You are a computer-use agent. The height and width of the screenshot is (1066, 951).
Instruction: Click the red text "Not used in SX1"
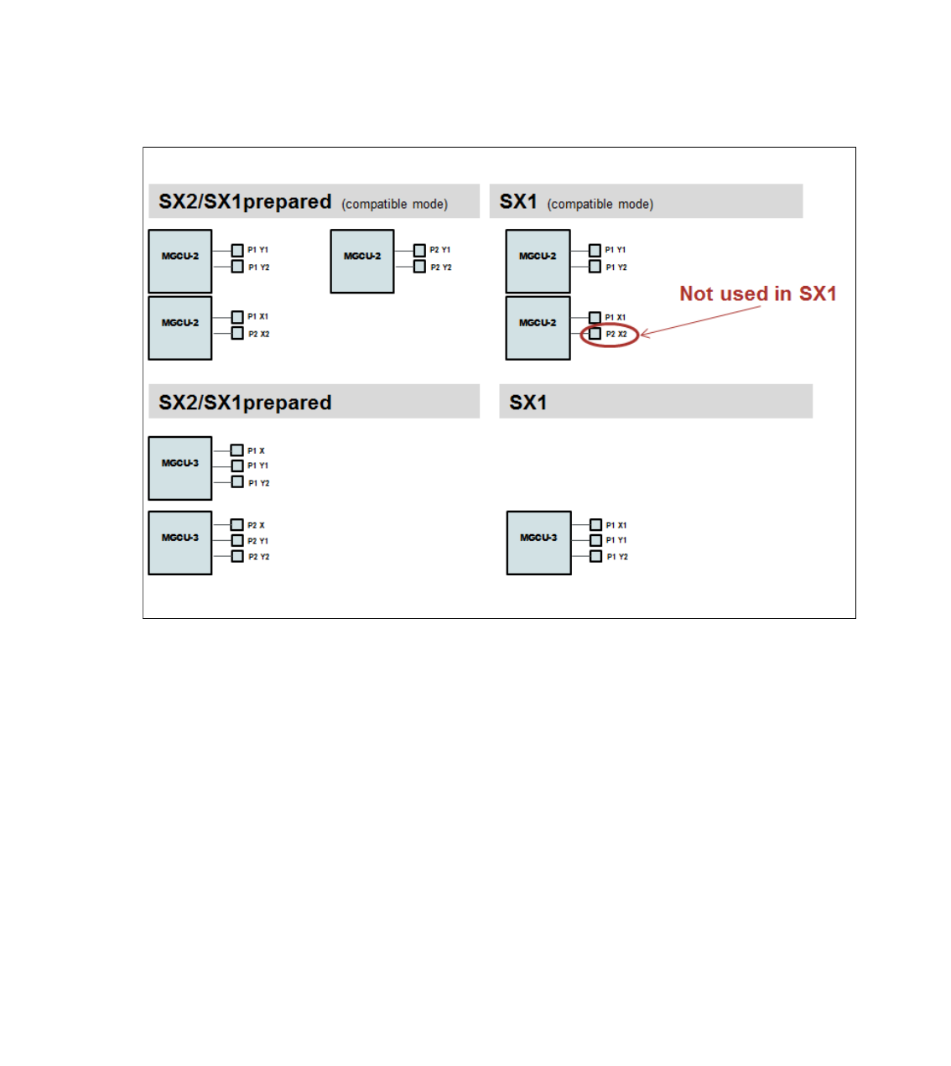[x=757, y=294]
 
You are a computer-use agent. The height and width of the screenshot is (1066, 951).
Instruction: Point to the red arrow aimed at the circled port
[x=700, y=320]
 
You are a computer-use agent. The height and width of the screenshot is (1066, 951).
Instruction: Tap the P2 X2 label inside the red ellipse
[x=616, y=334]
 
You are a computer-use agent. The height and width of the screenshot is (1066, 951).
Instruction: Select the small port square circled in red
[x=595, y=334]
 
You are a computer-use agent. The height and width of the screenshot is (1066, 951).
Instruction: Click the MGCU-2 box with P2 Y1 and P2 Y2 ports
[x=361, y=261]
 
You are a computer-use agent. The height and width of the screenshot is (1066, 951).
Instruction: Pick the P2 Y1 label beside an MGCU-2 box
[x=440, y=250]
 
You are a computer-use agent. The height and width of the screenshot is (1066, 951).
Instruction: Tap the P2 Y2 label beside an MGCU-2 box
[x=440, y=268]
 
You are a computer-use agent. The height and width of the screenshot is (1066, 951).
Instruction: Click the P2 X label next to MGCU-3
[x=256, y=525]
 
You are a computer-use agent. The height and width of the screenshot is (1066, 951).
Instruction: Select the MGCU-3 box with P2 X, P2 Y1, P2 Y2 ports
[x=179, y=543]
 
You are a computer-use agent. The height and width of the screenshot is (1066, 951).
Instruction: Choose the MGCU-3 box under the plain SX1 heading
[x=538, y=543]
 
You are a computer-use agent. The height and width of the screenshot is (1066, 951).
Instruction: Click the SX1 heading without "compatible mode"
[x=528, y=403]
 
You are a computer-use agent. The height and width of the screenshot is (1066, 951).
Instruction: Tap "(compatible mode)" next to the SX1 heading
[x=600, y=204]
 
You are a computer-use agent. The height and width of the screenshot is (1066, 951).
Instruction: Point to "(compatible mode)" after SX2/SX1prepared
[x=394, y=204]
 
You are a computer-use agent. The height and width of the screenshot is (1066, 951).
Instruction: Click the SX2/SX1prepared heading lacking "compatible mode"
[x=245, y=403]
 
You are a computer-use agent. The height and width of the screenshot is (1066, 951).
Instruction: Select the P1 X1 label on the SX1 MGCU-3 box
[x=616, y=525]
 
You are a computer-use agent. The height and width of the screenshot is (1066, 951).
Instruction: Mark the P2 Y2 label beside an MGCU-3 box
[x=258, y=557]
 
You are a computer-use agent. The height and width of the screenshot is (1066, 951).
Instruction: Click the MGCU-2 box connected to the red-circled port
[x=538, y=328]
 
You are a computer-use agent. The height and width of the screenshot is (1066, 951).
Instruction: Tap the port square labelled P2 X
[x=237, y=525]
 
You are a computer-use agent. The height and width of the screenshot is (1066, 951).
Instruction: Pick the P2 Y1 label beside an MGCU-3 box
[x=258, y=541]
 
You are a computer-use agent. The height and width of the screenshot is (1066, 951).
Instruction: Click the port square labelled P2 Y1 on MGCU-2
[x=419, y=250]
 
